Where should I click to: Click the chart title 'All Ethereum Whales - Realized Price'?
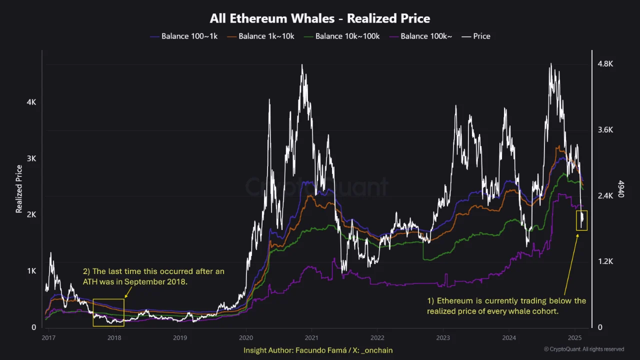320,19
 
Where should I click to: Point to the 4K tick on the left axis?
31,102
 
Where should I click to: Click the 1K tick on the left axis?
31,271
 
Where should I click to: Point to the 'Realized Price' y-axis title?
19,189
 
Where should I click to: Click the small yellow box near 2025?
581,220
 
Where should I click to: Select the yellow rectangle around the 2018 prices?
108,312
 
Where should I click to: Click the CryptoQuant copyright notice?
584,349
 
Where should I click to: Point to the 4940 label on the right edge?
621,189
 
